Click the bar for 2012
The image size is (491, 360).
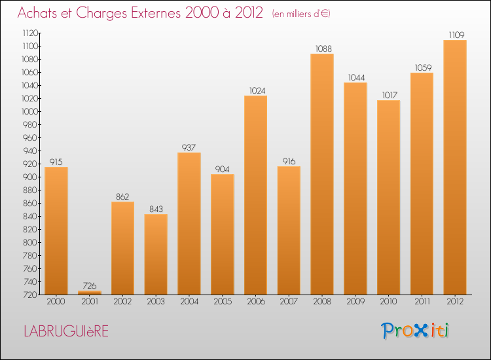pyautogui.click(x=454, y=167)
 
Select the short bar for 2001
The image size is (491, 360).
pyautogui.click(x=90, y=292)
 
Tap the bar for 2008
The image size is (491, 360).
pyautogui.click(x=321, y=173)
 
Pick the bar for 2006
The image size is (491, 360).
pyautogui.click(x=255, y=194)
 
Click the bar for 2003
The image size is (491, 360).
pyautogui.click(x=156, y=254)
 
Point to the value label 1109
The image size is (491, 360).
pyautogui.click(x=454, y=34)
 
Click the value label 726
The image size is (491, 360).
pyautogui.click(x=90, y=285)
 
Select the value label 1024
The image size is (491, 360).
pyautogui.click(x=255, y=90)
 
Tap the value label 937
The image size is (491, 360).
pyautogui.click(x=189, y=147)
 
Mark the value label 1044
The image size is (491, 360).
pyautogui.click(x=355, y=77)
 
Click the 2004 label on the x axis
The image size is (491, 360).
pyautogui.click(x=189, y=302)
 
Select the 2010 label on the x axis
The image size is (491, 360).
pyautogui.click(x=388, y=302)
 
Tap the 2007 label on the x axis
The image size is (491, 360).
pyautogui.click(x=289, y=302)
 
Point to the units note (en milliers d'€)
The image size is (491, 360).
pyautogui.click(x=301, y=13)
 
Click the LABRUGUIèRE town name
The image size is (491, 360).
pyautogui.click(x=66, y=331)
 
